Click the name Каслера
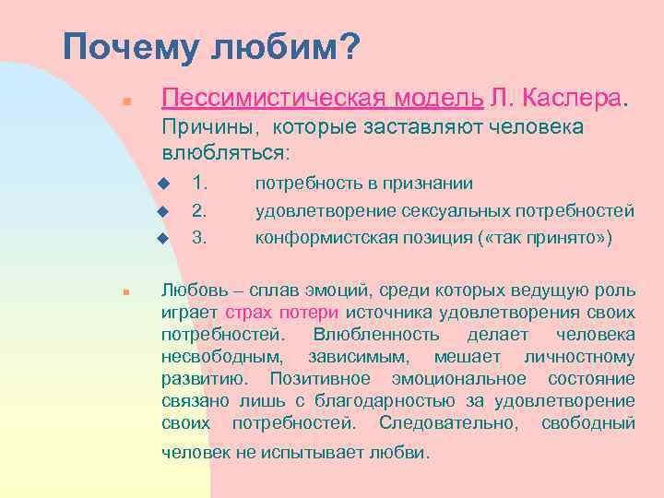[578, 98]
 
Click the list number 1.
[197, 184]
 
